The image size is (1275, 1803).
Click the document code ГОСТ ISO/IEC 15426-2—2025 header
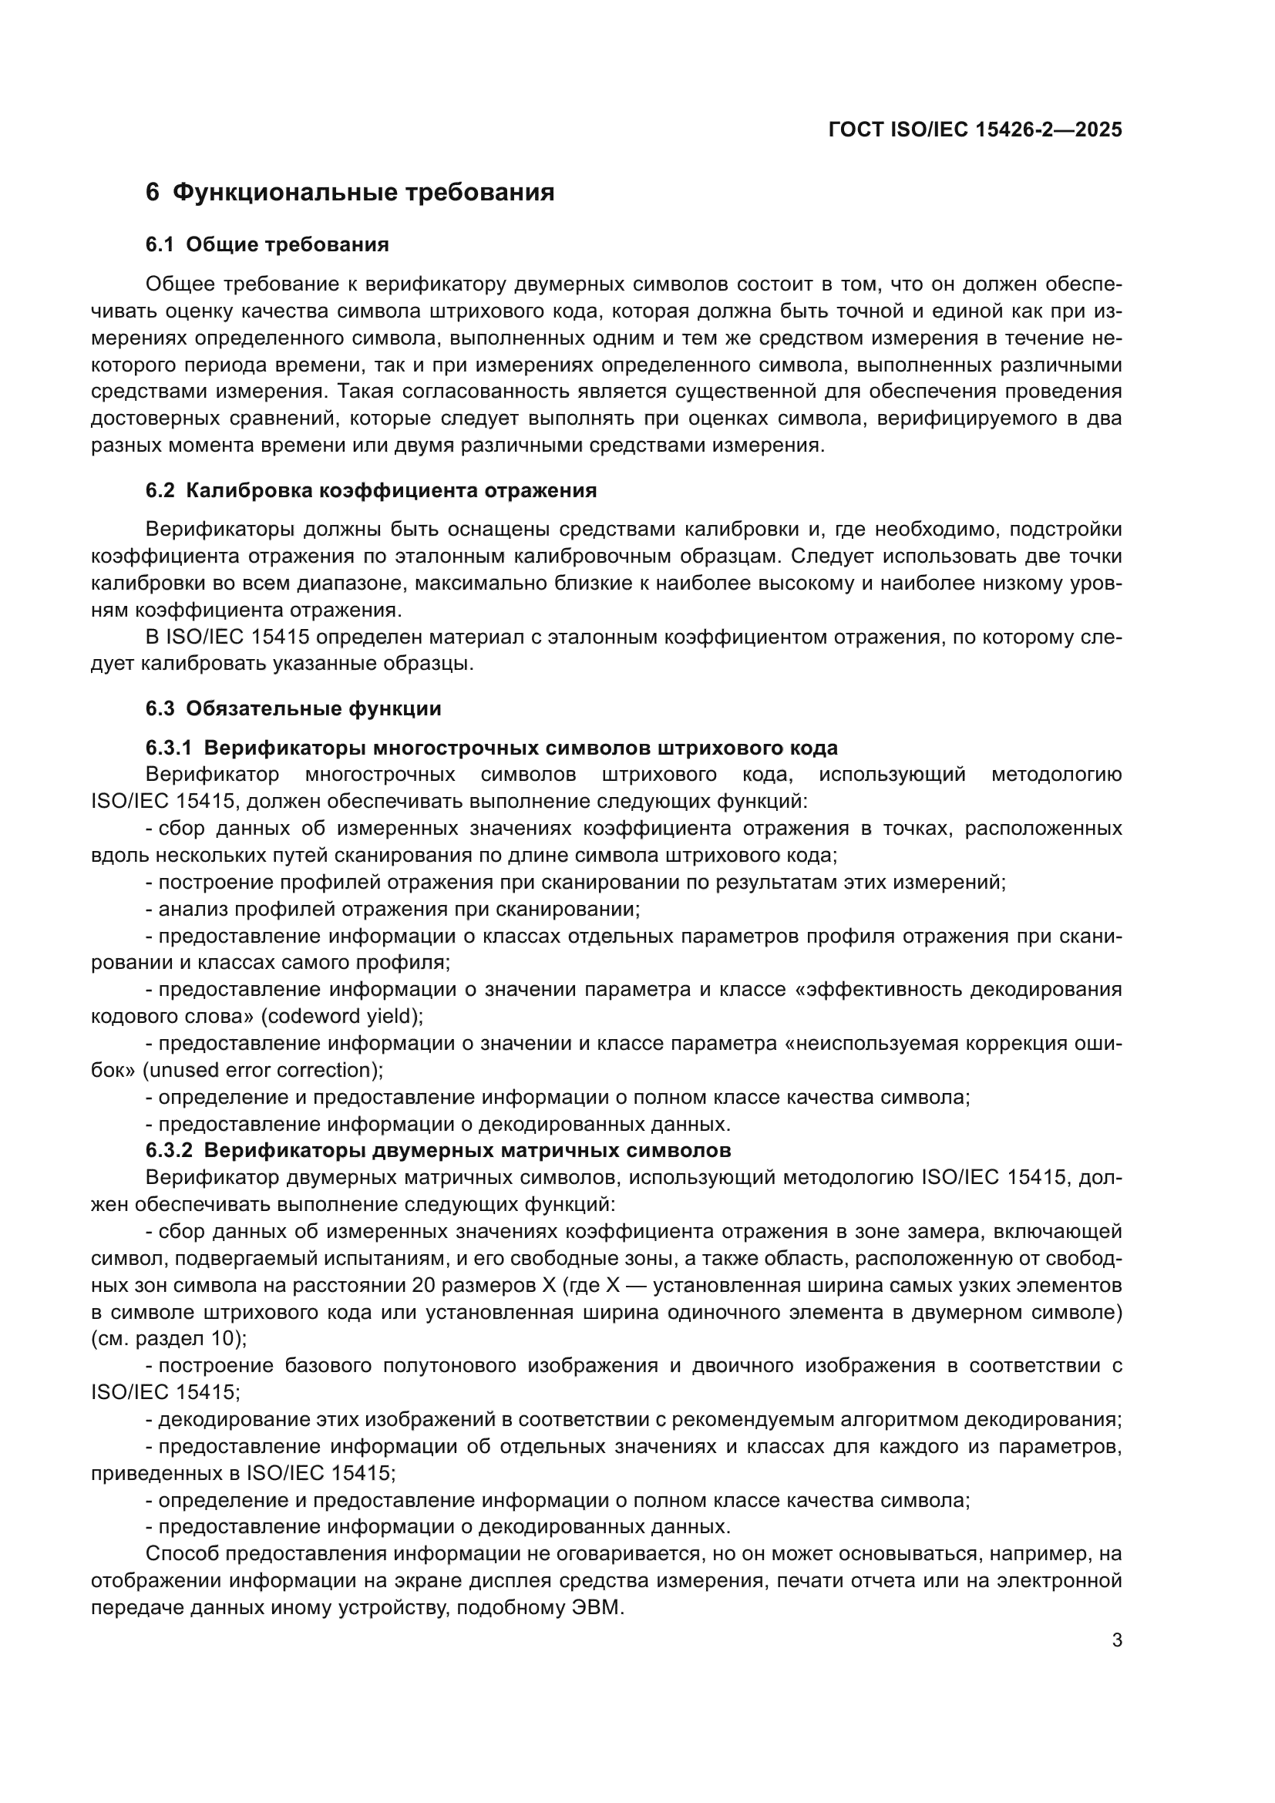pos(975,130)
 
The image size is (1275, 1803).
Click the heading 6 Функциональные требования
pos(350,193)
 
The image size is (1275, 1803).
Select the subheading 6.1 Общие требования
pos(267,245)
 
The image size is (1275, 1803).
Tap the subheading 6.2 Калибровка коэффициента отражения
pos(371,491)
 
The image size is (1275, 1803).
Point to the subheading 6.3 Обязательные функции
pos(293,708)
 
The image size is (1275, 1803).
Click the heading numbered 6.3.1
pos(492,747)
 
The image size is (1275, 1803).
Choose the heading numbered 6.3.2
pos(438,1150)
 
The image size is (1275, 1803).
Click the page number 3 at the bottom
pos(1116,1640)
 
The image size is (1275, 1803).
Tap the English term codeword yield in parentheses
pos(341,1017)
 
